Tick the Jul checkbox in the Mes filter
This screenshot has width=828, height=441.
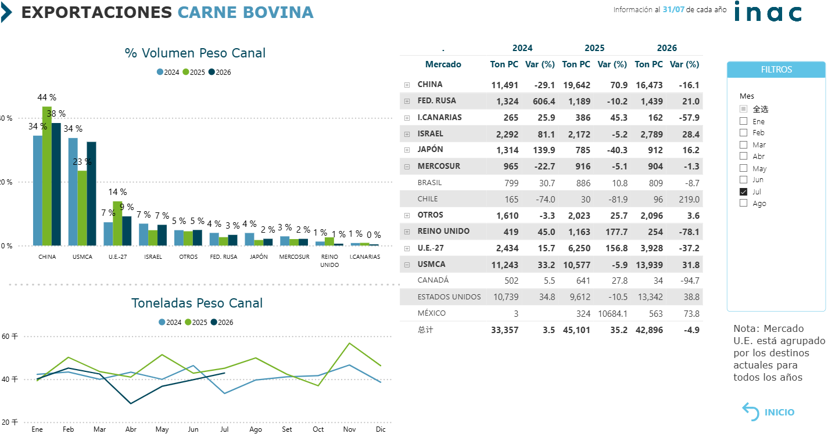[743, 191]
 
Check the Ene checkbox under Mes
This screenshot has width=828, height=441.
[743, 121]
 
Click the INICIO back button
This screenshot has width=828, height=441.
[769, 412]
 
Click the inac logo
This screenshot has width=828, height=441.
[768, 12]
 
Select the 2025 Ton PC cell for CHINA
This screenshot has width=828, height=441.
[576, 85]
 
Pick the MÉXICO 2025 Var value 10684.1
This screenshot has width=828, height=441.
[612, 314]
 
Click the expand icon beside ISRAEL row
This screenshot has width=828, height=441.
[407, 134]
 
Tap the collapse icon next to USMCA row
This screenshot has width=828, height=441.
[407, 265]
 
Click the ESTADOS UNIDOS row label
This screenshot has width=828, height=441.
[449, 297]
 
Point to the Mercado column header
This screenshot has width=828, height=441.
[443, 64]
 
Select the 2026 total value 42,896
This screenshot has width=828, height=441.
[649, 330]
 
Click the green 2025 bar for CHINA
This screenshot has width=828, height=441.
[47, 176]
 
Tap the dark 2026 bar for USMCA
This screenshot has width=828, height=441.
[91, 194]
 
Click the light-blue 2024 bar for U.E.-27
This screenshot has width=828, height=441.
[108, 234]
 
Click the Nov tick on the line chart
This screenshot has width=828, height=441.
[349, 429]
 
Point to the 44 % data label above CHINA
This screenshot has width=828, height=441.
[47, 97]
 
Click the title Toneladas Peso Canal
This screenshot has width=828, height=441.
[197, 303]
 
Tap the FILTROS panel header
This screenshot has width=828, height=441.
[776, 70]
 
